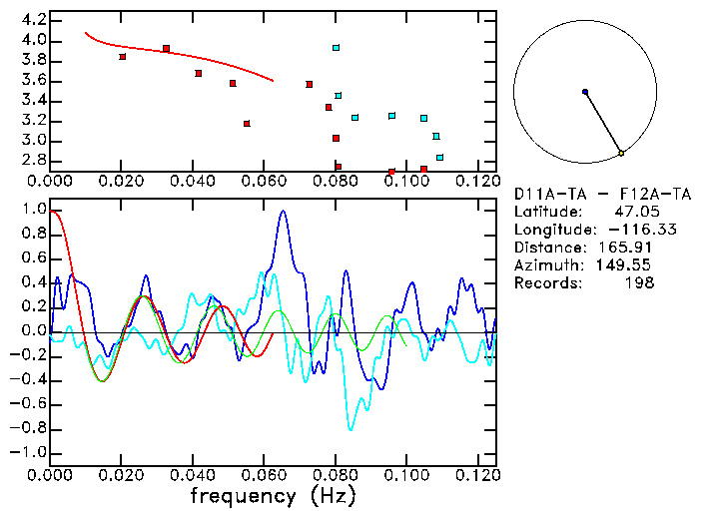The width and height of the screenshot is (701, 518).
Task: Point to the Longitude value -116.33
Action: point(628,229)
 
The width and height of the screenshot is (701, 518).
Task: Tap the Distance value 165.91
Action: point(634,247)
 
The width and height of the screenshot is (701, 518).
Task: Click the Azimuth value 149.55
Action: point(634,264)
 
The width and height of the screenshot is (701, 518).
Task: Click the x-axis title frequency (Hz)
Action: point(272,495)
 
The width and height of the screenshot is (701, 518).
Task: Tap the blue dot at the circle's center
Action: point(585,92)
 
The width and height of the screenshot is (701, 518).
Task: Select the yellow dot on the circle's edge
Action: point(621,153)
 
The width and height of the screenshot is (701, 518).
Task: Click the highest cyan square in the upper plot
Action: point(337,48)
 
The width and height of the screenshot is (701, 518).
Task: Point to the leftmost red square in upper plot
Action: point(123,57)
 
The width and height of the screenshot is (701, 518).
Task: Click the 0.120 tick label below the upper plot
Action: point(478,181)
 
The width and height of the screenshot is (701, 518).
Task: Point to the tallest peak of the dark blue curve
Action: point(284,211)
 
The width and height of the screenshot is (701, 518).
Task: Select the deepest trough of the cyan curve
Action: point(350,429)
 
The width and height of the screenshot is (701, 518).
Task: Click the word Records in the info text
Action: point(545,282)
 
